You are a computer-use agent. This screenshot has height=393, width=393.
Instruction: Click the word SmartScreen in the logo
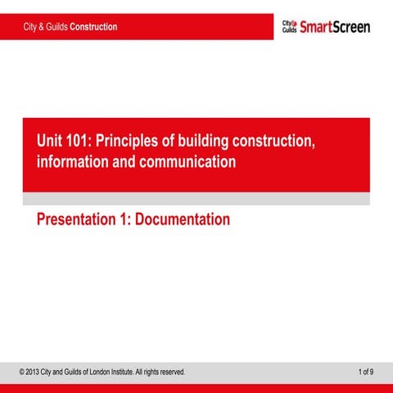335,27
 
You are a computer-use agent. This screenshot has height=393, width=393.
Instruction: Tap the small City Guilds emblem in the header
289,27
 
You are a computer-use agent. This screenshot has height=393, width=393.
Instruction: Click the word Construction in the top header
93,27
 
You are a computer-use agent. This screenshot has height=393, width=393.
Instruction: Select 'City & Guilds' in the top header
46,27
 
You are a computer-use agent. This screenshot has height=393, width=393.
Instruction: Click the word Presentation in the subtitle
79,219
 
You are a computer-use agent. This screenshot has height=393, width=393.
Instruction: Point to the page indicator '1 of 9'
366,373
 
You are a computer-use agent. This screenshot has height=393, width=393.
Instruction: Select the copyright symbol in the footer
22,373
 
